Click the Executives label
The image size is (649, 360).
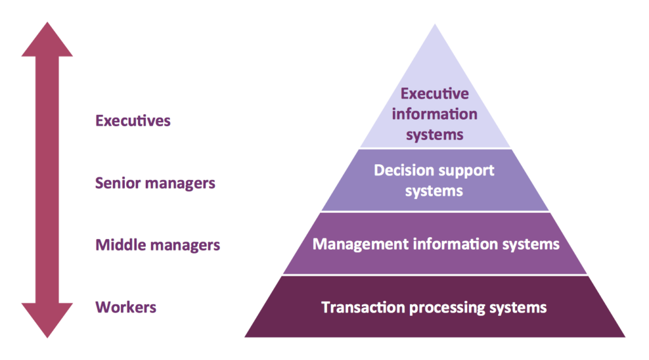tap(132, 120)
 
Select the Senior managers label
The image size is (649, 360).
tap(155, 183)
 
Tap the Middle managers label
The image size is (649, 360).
tap(158, 245)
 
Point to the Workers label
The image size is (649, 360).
tap(125, 307)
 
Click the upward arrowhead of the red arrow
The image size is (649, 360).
tap(47, 41)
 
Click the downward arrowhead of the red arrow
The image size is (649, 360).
tap(47, 319)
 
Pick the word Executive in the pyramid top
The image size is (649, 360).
tap(435, 94)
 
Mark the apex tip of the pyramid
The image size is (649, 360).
tap(435, 26)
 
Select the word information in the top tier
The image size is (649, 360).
tap(435, 114)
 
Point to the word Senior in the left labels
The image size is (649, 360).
tap(118, 183)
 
